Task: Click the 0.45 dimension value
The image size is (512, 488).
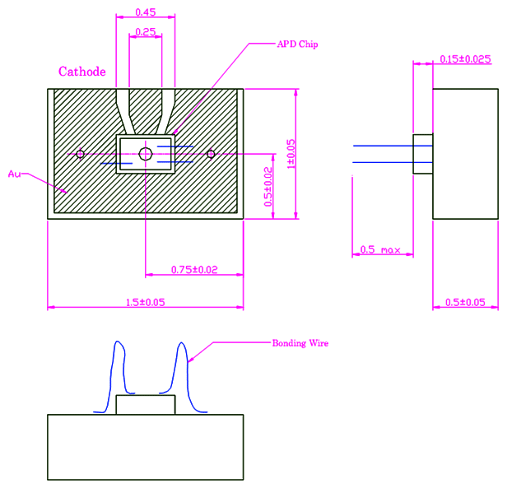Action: coord(146,12)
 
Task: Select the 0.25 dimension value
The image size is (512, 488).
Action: coord(146,31)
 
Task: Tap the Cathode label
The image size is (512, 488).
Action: coord(81,72)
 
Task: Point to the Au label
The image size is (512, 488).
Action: coord(13,174)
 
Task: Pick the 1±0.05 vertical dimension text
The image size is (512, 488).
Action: coord(291,154)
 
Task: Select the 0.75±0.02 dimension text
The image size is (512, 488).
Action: coord(194,269)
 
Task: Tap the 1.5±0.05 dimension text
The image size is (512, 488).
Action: coord(145,302)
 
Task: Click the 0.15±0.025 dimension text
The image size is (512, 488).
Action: coord(465,58)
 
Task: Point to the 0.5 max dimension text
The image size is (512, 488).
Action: coord(380,249)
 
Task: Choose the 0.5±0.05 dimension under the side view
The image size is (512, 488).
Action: coord(465,302)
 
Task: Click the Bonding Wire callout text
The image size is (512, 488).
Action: coord(300,342)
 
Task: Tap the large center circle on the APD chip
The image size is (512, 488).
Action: coord(146,154)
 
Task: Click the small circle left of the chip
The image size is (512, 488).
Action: coord(80,154)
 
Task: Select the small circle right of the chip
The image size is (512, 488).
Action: coord(211,154)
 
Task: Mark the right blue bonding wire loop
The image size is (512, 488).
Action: coord(182,370)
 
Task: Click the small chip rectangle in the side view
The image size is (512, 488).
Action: coord(423,155)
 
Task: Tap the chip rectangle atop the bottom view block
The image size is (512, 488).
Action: coord(146,405)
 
